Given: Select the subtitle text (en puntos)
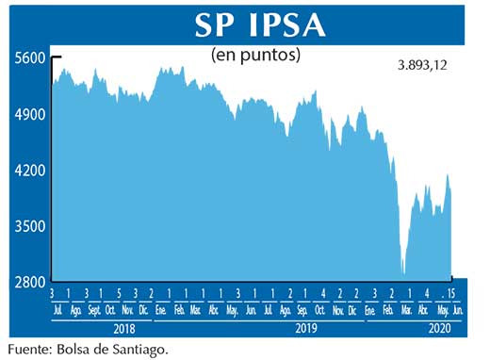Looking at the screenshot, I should pos(256,55).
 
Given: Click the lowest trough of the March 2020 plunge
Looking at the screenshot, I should pos(404,274).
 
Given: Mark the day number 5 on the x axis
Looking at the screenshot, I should pos(119,294).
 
